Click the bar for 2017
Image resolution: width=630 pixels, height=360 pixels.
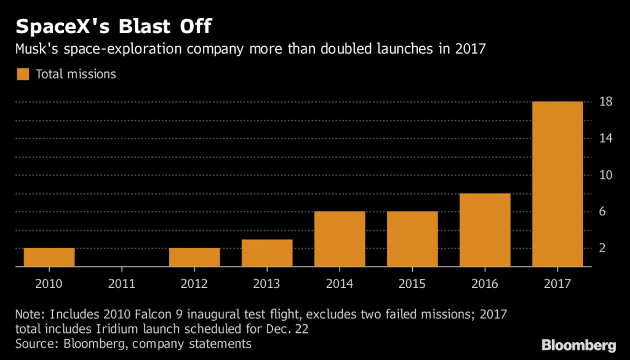tap(557, 184)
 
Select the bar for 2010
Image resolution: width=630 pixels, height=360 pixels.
tap(49, 257)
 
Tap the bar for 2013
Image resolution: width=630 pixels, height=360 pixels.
tap(267, 253)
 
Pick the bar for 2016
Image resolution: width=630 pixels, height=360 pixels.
tap(485, 230)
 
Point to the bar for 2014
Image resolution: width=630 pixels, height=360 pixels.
tap(340, 239)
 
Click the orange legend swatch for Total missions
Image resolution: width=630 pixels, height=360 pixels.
tap(23, 74)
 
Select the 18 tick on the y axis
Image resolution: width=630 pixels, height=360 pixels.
tap(605, 102)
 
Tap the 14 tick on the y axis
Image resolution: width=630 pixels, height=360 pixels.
tap(605, 138)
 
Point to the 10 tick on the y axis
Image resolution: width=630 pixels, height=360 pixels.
tap(605, 175)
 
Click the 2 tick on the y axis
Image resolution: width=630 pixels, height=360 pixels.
tap(605, 249)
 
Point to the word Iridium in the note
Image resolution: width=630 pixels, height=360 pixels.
tap(115, 329)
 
